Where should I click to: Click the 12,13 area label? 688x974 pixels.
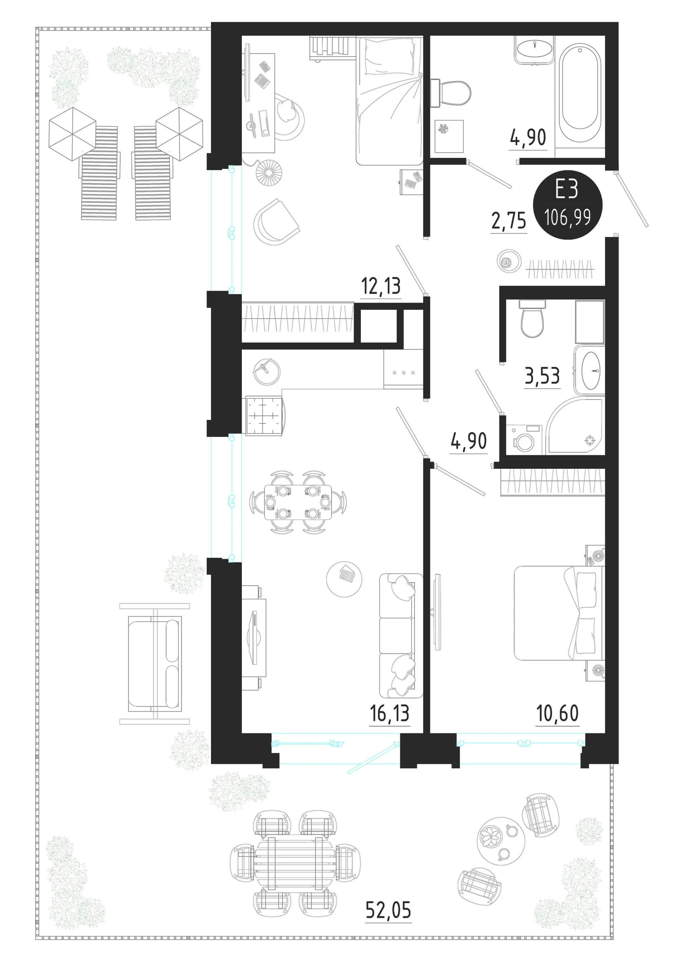381,286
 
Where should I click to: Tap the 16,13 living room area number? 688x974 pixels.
390,713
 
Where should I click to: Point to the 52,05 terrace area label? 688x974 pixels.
388,910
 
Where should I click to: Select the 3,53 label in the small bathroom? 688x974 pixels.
542,376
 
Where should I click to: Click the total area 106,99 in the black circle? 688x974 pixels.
568,217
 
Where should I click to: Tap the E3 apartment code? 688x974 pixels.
567,189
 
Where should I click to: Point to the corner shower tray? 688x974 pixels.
575,426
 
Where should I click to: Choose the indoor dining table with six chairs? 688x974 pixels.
298,502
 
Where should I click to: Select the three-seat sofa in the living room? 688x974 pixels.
401,636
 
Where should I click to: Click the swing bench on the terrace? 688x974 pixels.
155,664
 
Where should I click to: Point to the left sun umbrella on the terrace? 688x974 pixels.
72,134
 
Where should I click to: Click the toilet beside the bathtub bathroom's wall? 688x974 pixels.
450,93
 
